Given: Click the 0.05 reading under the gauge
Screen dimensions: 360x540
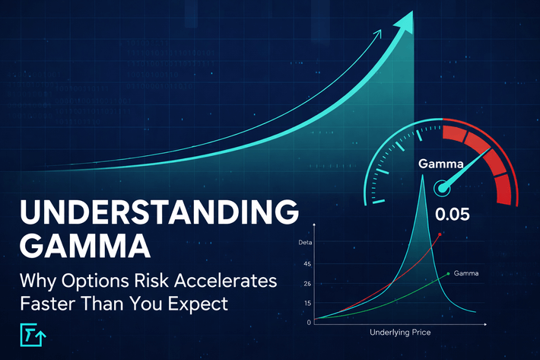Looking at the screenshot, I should (453, 214).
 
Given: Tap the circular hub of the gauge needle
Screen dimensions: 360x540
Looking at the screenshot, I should (440, 187).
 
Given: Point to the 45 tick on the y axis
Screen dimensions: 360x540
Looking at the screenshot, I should (307, 265).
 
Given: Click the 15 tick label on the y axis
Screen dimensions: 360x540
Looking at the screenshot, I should (307, 302).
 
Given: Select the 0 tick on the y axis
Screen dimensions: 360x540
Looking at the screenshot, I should (309, 321).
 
